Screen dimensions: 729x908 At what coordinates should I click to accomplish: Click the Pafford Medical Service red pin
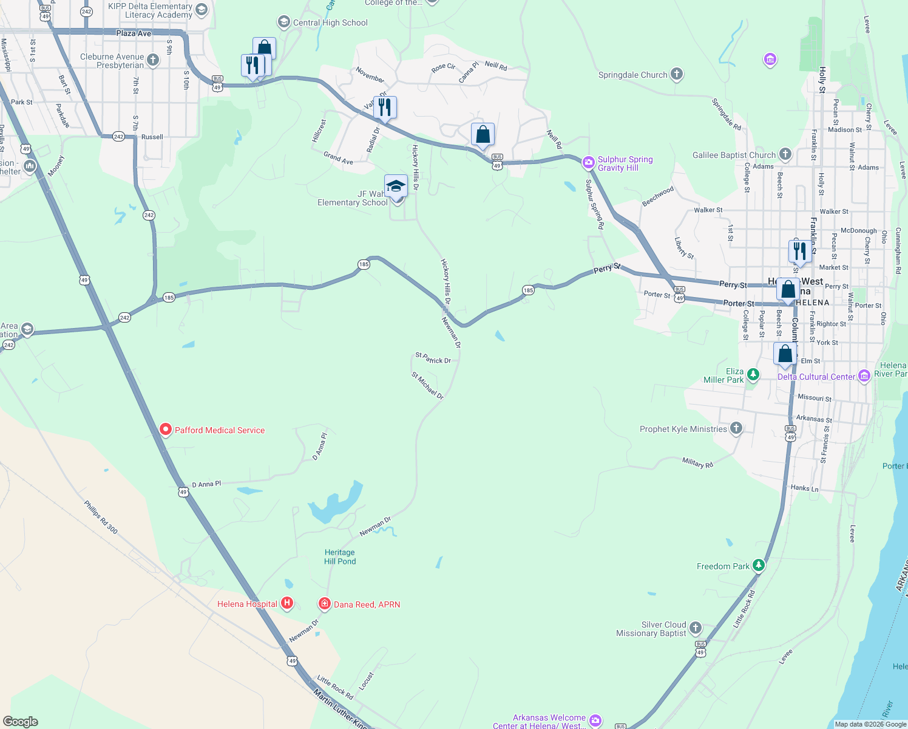[x=165, y=430]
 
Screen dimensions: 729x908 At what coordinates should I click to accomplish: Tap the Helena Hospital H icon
[x=288, y=604]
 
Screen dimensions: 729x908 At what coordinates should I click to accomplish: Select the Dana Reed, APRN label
[x=367, y=604]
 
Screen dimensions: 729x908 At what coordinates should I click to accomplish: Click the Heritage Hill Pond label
[x=340, y=557]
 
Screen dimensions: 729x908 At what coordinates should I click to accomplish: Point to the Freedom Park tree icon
[x=758, y=566]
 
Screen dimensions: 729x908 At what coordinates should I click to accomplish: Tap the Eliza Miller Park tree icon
[x=753, y=375]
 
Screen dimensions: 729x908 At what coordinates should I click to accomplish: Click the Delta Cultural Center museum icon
[x=864, y=377]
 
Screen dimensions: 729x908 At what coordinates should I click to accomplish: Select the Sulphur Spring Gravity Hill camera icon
[x=588, y=162]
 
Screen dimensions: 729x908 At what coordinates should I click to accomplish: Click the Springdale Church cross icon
[x=677, y=75]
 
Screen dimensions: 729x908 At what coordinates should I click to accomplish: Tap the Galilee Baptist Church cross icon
[x=785, y=154]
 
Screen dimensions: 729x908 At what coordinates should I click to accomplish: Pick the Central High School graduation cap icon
[x=283, y=22]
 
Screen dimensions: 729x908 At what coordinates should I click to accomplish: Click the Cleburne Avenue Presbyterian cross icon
[x=153, y=60]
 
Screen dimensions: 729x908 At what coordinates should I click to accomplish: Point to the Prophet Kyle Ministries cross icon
[x=736, y=429]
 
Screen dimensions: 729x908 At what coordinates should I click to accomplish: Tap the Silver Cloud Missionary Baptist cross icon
[x=696, y=628]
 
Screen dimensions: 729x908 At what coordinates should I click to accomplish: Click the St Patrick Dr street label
[x=433, y=358]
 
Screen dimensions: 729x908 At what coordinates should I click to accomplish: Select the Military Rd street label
[x=697, y=463]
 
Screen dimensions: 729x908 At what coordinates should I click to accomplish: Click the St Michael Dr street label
[x=427, y=386]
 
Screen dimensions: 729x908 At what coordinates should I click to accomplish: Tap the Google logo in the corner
[x=21, y=722]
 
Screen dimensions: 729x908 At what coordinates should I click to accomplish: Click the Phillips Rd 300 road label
[x=101, y=517]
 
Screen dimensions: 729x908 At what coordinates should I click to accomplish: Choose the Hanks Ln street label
[x=804, y=488]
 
